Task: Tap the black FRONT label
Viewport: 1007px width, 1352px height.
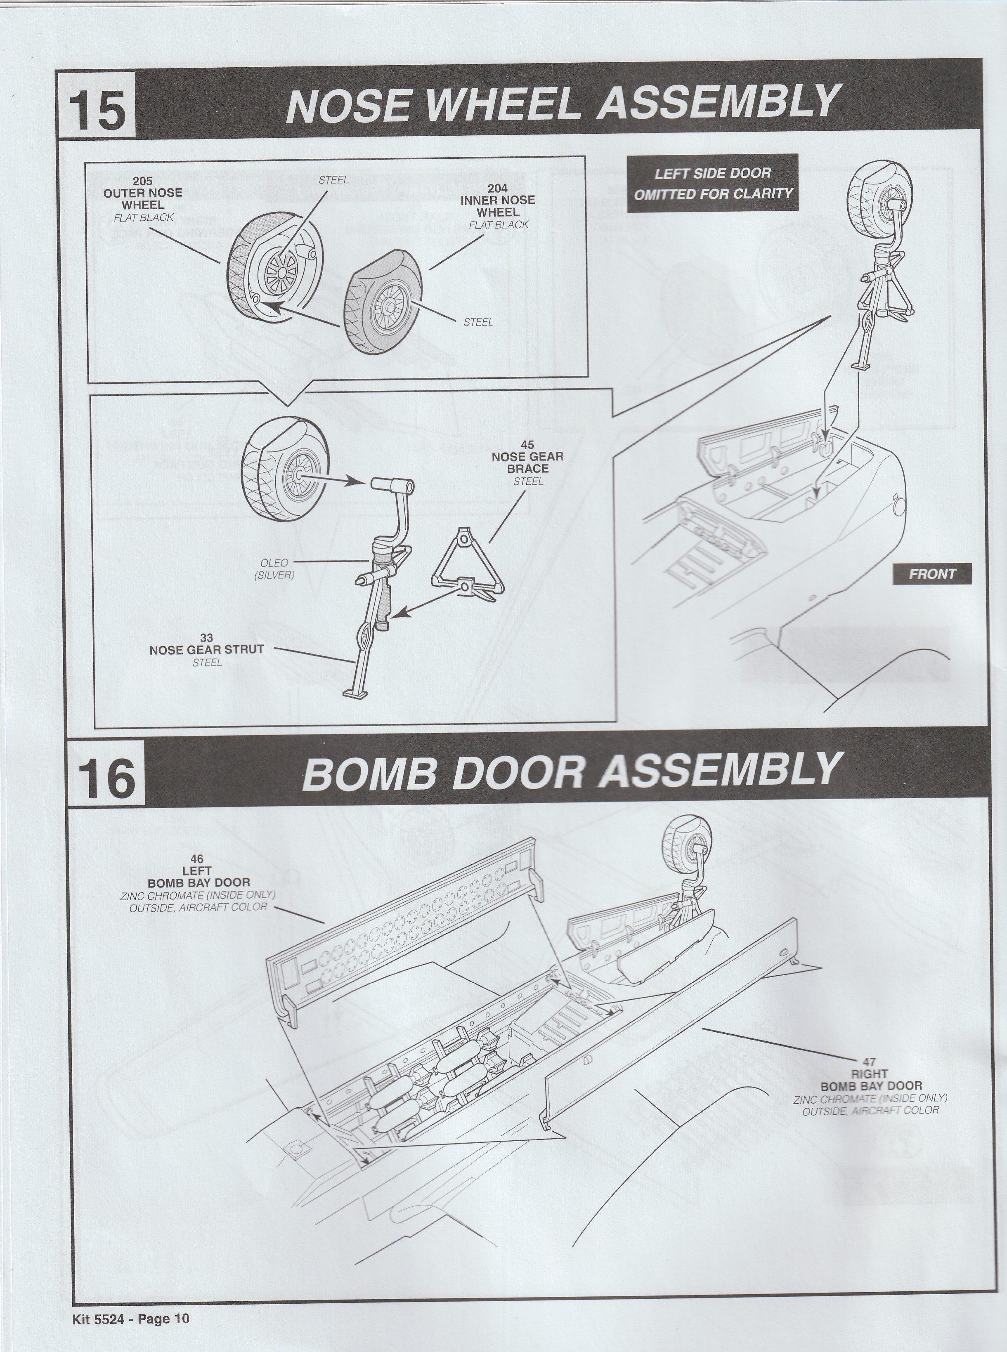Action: click(932, 574)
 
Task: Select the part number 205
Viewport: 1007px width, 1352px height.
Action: click(143, 181)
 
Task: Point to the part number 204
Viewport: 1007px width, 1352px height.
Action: click(497, 188)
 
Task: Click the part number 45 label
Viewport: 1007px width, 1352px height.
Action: click(527, 446)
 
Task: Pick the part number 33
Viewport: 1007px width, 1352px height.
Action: click(207, 638)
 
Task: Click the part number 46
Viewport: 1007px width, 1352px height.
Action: click(197, 860)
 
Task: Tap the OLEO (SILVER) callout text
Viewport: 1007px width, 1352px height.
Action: click(274, 569)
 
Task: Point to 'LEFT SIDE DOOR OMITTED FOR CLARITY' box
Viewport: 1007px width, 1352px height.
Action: click(713, 184)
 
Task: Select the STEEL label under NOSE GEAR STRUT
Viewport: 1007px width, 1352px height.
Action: click(207, 662)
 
